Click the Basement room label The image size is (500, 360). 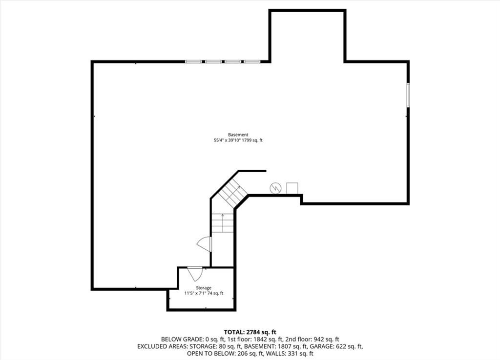click(238, 135)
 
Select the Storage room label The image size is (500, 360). click(204, 288)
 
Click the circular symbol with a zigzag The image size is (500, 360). click(275, 188)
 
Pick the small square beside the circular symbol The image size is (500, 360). click(292, 188)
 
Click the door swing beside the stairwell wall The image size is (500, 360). click(204, 244)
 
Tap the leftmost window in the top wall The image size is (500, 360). click(193, 61)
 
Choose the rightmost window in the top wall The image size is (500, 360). click(252, 61)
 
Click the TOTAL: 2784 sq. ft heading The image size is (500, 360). click(250, 332)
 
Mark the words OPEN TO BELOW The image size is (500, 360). click(208, 353)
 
